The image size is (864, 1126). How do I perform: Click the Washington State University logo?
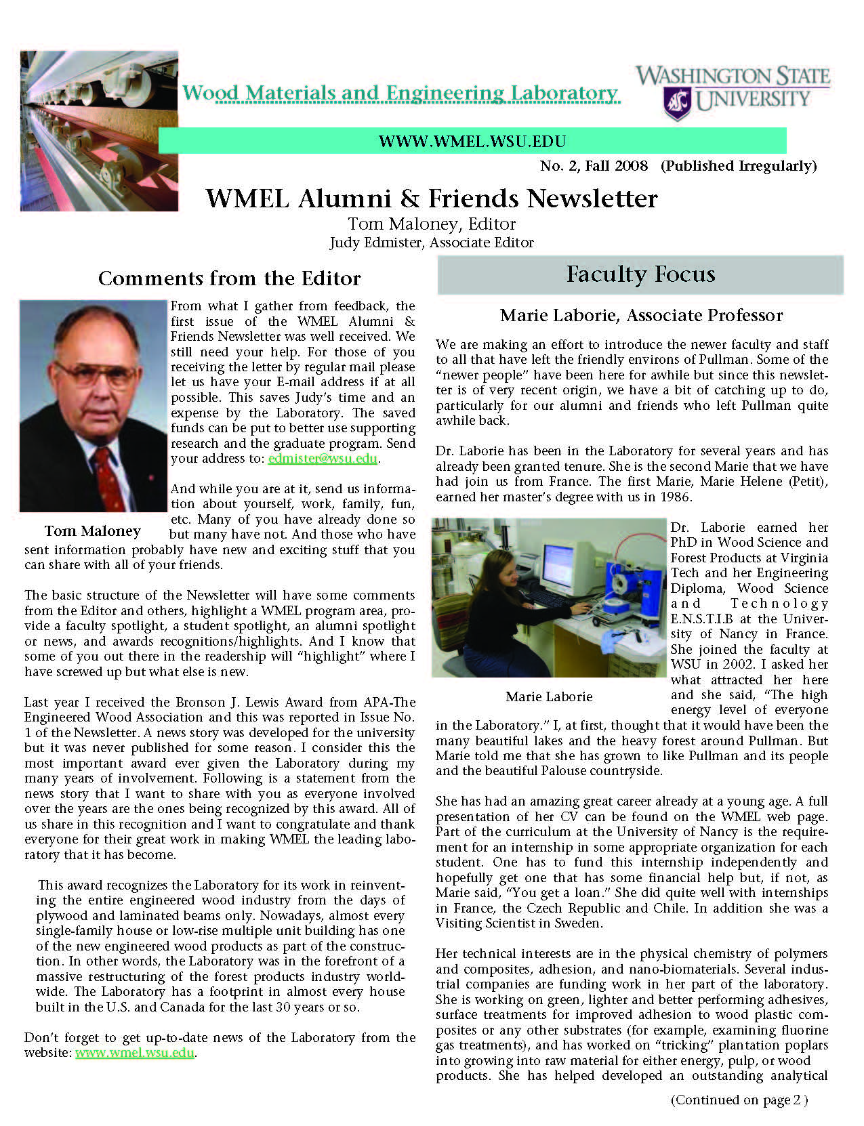coord(733,92)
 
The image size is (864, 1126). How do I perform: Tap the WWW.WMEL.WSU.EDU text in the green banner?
coord(472,142)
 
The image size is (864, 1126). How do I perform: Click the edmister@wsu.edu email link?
coord(323,459)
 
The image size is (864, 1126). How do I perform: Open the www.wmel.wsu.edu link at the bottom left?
coord(134,1053)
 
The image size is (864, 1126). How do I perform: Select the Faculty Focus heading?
coord(640,274)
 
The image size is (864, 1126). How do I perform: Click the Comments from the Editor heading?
coord(229,278)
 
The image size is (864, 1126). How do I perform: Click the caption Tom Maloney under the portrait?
coord(92,531)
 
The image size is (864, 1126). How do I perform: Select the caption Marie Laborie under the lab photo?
coord(549,696)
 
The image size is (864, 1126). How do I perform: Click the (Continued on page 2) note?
coord(739,1100)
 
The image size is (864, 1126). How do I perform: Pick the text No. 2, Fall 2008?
coord(594,166)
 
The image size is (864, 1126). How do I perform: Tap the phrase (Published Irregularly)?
coord(739,166)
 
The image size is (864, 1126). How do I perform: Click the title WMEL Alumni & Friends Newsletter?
coord(432,199)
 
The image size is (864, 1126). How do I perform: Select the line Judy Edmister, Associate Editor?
coord(432,243)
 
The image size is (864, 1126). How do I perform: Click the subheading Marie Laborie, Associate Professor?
coord(641,315)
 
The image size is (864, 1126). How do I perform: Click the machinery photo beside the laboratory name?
coord(100,131)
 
